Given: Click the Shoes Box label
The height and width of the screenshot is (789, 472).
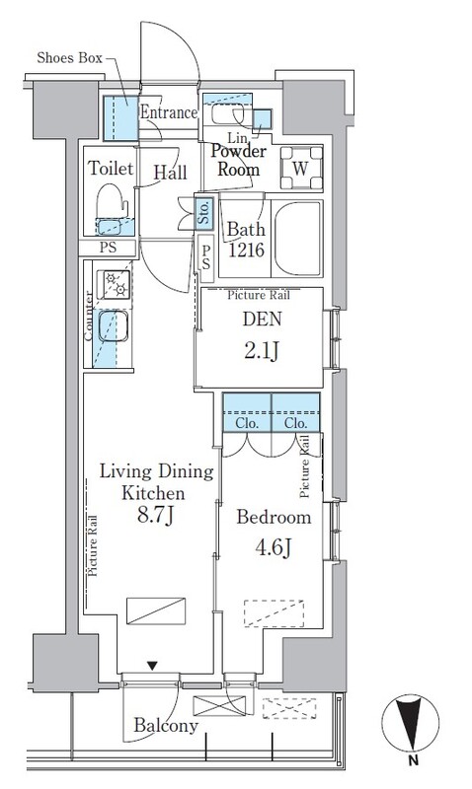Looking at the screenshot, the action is click(x=69, y=58).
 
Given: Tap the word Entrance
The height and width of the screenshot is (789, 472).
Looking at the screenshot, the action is click(x=168, y=111).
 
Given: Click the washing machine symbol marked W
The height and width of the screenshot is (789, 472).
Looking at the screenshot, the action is click(x=301, y=168).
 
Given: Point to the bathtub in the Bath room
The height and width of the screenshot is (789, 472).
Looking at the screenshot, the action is click(x=297, y=239).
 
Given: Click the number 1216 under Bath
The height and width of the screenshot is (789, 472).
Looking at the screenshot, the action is click(x=246, y=250).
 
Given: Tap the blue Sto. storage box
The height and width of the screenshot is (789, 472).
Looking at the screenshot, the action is click(x=204, y=212).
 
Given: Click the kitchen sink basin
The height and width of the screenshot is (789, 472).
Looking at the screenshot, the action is click(x=113, y=326).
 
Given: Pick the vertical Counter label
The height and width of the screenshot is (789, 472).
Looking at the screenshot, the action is click(x=89, y=317).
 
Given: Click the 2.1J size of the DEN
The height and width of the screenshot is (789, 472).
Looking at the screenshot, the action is click(x=262, y=352).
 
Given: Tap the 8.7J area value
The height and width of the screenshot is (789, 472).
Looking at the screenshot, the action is click(x=155, y=516).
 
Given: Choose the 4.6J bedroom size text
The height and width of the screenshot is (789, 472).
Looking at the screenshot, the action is click(x=273, y=547).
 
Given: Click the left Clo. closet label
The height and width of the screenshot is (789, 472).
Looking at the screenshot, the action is click(x=247, y=423).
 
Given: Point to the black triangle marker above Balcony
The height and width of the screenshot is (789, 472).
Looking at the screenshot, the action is click(x=152, y=666).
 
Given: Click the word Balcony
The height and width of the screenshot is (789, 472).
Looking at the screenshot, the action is click(x=166, y=725).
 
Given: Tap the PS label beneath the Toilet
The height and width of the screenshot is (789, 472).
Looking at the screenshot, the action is click(x=108, y=248).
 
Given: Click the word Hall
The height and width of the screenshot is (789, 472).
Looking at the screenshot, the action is click(x=170, y=173).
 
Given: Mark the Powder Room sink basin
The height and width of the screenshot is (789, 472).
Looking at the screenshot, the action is click(x=228, y=114).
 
